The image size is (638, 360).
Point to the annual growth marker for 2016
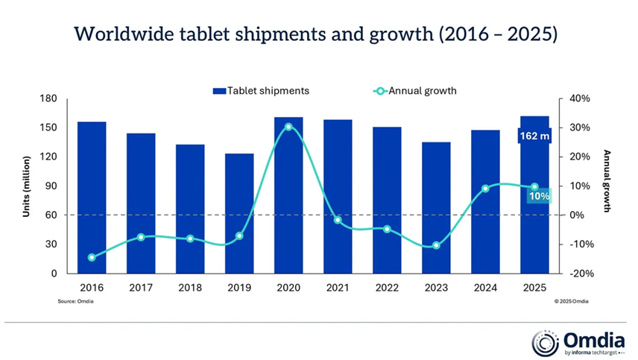[92, 258]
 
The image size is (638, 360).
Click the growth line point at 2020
[288, 127]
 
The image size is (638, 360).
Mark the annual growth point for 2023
[436, 245]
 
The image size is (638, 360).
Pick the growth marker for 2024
[485, 189]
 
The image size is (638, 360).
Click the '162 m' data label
[534, 136]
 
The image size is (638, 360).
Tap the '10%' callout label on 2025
[539, 196]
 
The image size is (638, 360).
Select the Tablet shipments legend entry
[261, 91]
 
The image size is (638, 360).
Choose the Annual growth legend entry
[414, 91]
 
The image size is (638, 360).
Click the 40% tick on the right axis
[580, 98]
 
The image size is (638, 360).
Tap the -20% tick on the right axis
[579, 274]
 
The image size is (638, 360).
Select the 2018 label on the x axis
[190, 288]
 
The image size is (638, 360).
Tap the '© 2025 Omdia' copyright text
[571, 301]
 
